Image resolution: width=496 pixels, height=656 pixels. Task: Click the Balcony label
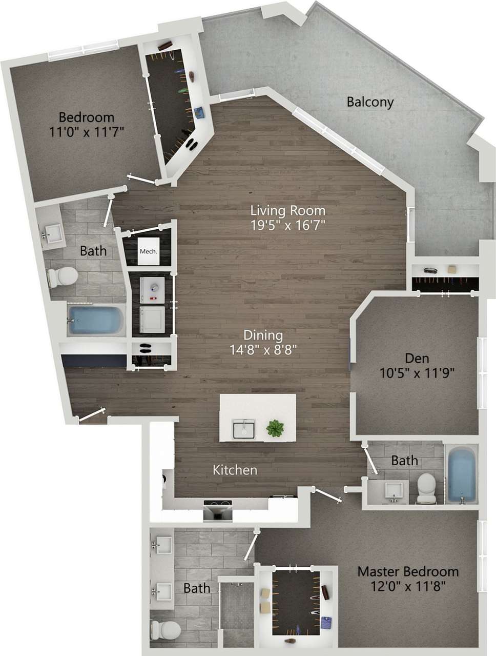tap(370, 102)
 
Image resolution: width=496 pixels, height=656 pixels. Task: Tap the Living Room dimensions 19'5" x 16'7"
tap(287, 225)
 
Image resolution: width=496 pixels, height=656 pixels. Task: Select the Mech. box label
tap(148, 251)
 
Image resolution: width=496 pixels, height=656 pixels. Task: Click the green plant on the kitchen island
tap(275, 428)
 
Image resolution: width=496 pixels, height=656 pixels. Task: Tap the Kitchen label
tap(235, 469)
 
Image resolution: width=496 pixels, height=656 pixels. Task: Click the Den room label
tap(417, 358)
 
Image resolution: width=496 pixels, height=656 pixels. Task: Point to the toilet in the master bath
tap(165, 628)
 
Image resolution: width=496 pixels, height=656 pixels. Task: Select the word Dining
tap(263, 335)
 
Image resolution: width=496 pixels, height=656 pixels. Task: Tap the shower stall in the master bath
tap(236, 613)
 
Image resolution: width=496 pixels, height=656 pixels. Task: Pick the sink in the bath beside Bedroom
tap(51, 233)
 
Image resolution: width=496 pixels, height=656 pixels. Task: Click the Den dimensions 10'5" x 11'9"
tap(417, 373)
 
